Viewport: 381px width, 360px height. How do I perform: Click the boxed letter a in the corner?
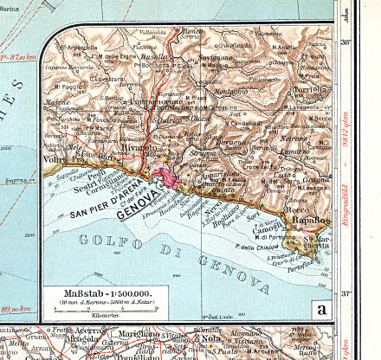pos(322,309)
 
